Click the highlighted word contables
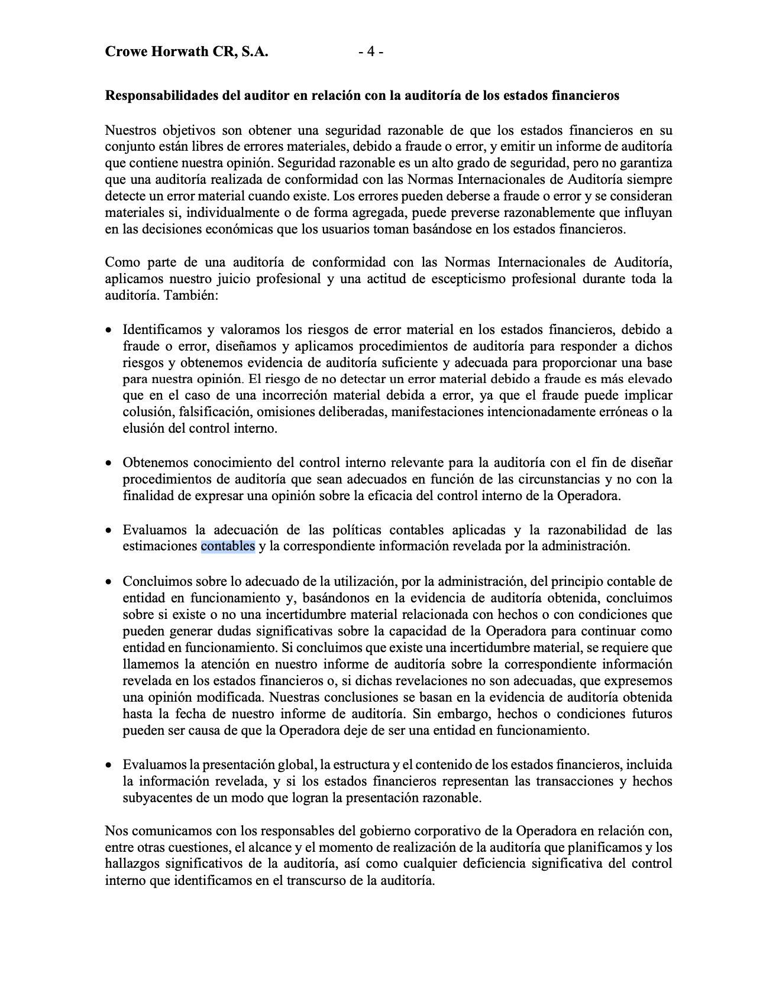228,546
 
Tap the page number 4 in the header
371,52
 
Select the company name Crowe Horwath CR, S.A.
186,52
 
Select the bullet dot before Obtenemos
109,463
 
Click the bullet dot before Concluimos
109,582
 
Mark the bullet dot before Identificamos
109,330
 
